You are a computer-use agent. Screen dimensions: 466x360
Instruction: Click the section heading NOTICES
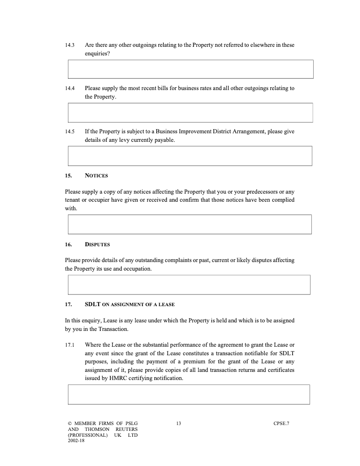tap(96, 176)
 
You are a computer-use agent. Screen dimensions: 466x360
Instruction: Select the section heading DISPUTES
tap(97, 245)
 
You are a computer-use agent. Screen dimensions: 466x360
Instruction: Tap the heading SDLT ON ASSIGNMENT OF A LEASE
tap(130, 304)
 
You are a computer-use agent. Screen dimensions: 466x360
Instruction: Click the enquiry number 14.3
tap(69, 45)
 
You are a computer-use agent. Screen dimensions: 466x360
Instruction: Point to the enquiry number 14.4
tap(69, 88)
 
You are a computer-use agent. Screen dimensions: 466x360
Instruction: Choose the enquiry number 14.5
tap(69, 131)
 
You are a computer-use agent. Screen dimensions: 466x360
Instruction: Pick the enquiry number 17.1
tap(69, 345)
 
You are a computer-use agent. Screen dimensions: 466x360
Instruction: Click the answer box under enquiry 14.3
tap(190, 69)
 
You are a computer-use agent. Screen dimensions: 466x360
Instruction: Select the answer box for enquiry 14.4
tap(190, 113)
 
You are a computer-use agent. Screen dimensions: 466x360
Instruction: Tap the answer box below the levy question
tap(190, 156)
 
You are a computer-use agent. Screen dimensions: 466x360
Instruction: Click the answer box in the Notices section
tap(189, 224)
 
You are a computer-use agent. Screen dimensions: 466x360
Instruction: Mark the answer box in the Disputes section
tap(189, 285)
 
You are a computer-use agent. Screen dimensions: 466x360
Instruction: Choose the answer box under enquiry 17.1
tap(189, 394)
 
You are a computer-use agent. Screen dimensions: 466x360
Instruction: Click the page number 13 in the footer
tap(179, 423)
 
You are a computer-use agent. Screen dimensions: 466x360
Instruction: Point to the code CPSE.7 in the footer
tap(281, 423)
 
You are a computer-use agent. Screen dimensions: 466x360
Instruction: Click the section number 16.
tap(68, 245)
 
